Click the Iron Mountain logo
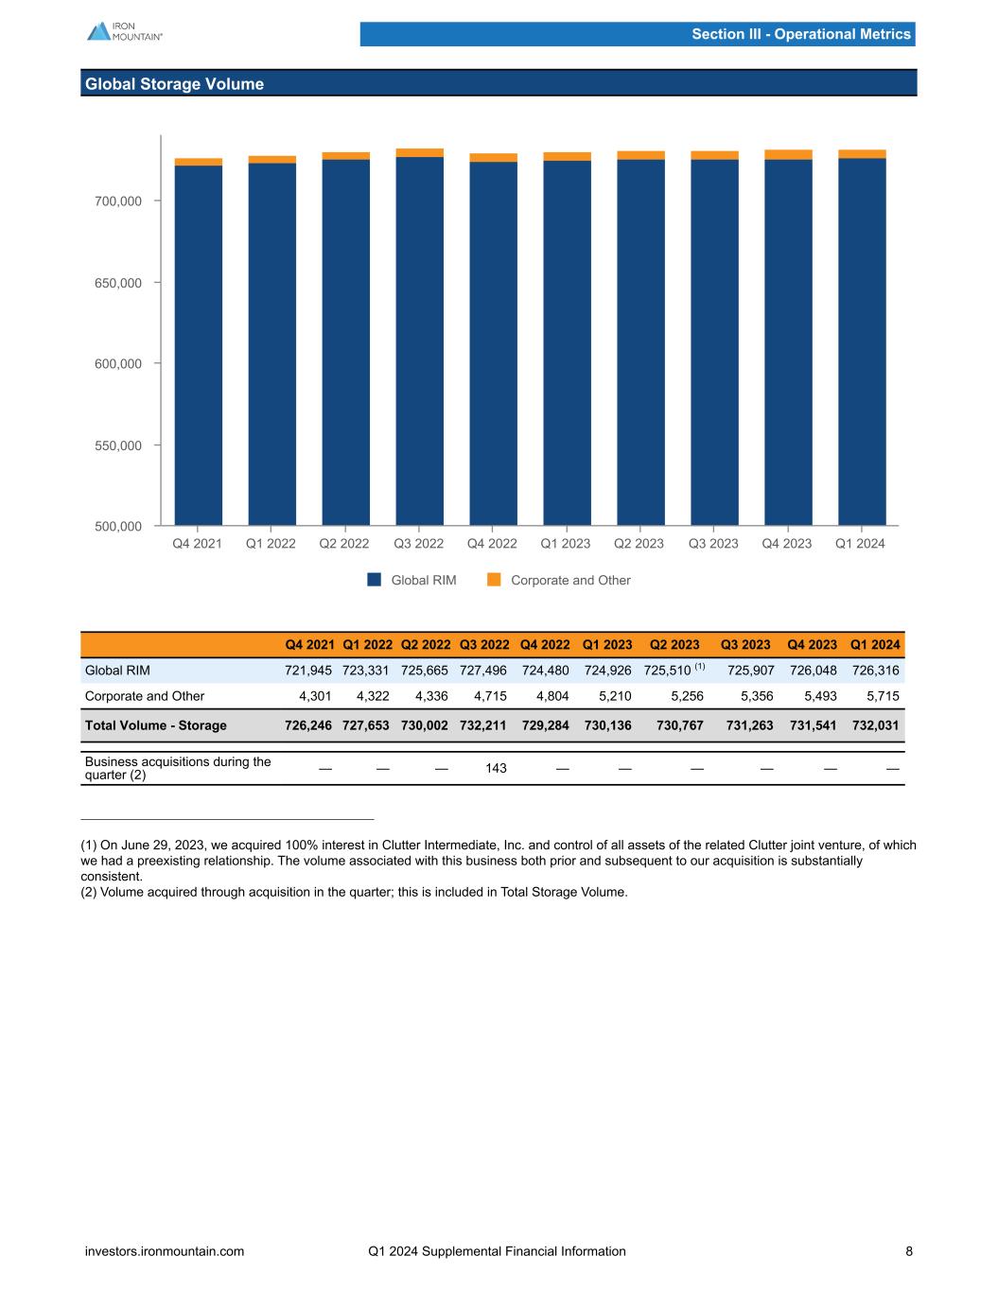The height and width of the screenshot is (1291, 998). coord(124,30)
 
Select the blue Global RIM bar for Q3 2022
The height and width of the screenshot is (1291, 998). coord(419,340)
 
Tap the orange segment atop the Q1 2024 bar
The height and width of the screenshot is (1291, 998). coord(862,154)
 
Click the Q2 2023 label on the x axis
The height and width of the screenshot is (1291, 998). coord(639,544)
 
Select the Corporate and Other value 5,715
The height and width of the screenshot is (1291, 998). coord(882,696)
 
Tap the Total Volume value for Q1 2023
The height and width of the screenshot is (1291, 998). coord(606,725)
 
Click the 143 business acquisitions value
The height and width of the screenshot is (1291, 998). coord(496,768)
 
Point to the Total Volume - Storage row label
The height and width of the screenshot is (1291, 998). coord(156,725)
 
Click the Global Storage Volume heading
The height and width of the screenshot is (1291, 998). coord(174,84)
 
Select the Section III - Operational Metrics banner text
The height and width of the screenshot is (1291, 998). coord(800,34)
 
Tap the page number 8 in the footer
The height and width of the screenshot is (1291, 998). coord(909,1251)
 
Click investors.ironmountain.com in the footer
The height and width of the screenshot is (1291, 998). coord(165,1251)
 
